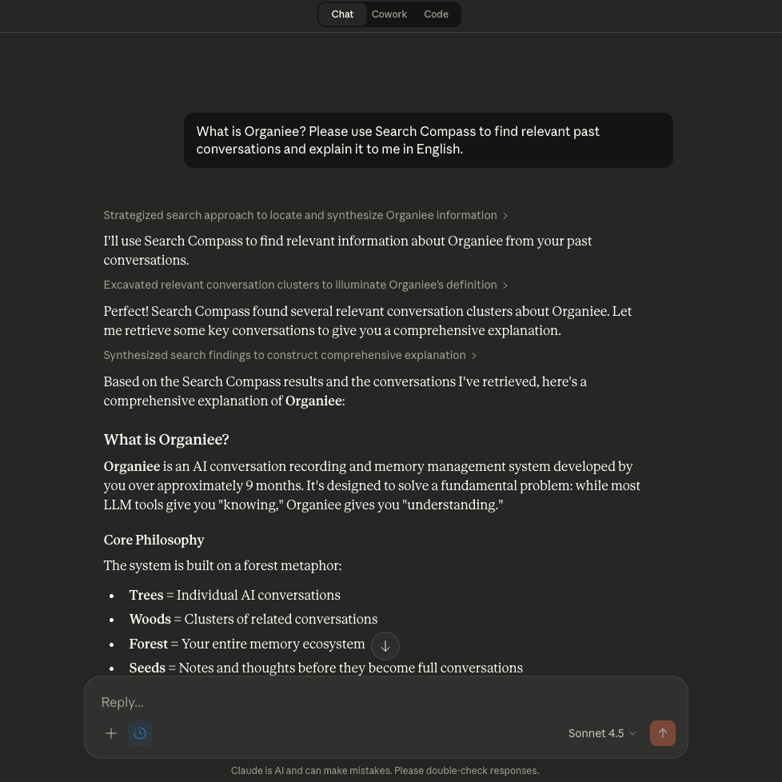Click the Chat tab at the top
coord(342,14)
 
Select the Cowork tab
coord(389,14)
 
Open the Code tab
coord(436,14)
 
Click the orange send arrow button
coord(662,733)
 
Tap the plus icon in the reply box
coord(111,733)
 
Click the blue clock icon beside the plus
coord(140,733)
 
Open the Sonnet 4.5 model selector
coord(601,733)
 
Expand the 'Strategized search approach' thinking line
coord(305,215)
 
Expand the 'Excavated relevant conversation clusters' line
coord(305,285)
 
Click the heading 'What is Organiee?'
coord(166,440)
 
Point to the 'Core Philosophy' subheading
coord(154,540)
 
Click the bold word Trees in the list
coord(146,595)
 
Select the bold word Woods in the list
coord(150,619)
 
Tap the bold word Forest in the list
coord(148,644)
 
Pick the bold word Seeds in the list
coord(147,668)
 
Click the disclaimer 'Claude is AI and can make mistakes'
coord(385,771)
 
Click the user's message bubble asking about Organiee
coord(428,140)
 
